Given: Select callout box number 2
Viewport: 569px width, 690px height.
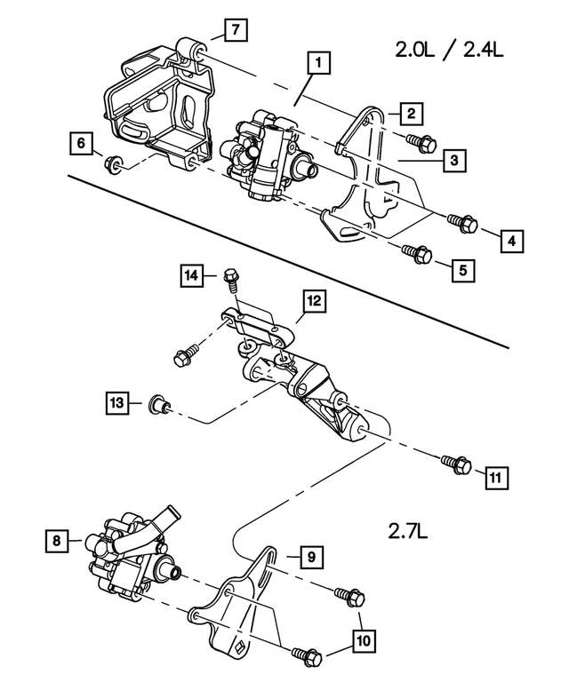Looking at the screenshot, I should click(x=410, y=113).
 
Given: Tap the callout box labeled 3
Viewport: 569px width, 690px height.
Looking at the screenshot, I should click(x=453, y=161).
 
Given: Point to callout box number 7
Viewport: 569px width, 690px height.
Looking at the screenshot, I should click(x=233, y=31).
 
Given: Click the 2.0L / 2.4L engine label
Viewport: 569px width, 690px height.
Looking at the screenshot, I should click(x=449, y=52).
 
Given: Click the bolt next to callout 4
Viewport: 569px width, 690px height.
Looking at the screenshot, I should click(x=463, y=221).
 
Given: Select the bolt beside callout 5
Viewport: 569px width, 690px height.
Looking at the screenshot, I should click(x=416, y=253).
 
